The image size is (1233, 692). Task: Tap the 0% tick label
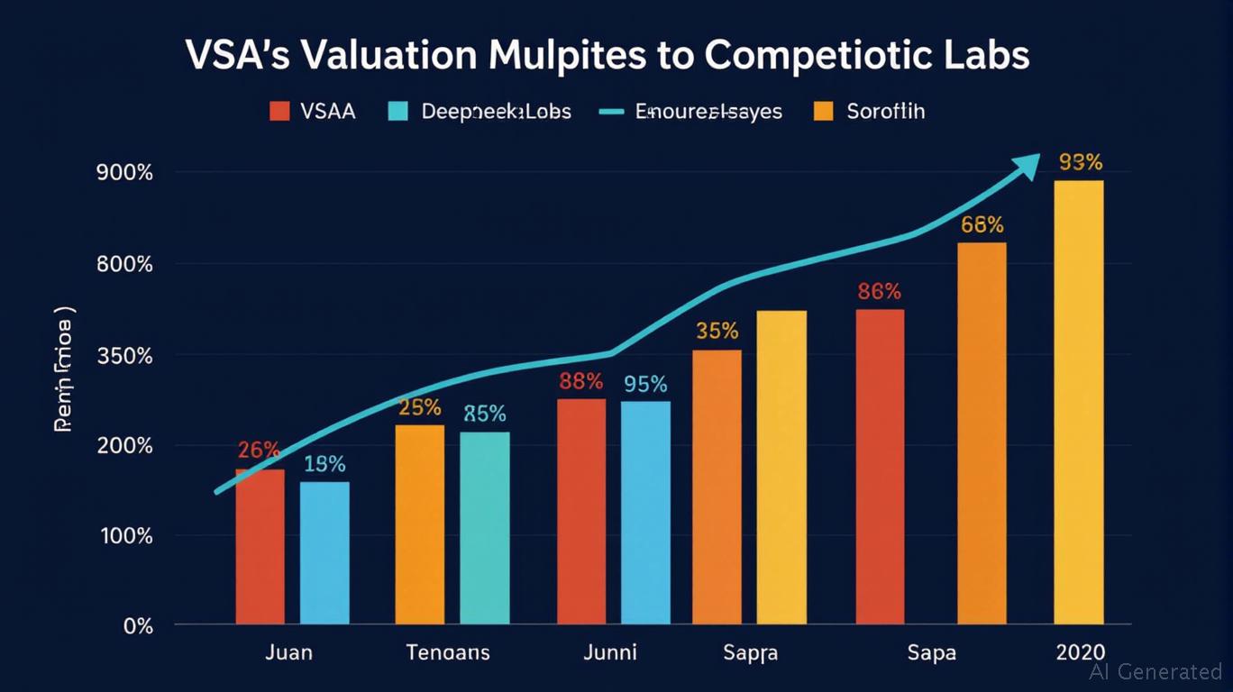click(x=138, y=625)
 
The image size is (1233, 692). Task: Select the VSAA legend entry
click(x=312, y=112)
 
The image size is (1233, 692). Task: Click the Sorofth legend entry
click(x=870, y=112)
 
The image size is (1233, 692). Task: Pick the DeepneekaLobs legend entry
click(x=479, y=112)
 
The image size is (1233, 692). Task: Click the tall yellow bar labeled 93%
click(x=1078, y=401)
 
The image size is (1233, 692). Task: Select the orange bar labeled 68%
click(x=982, y=432)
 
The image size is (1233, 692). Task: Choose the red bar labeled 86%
click(x=880, y=466)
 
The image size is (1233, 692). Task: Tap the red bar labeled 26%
click(x=260, y=546)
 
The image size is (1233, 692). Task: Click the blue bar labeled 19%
click(x=324, y=552)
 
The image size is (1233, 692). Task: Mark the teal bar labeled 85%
click(x=485, y=527)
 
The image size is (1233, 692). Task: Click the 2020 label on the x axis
click(x=1078, y=651)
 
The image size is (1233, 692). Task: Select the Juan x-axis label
click(x=288, y=651)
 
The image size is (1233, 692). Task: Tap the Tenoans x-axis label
click(x=448, y=651)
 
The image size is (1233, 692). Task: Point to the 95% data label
click(x=645, y=385)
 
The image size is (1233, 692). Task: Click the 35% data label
click(x=717, y=331)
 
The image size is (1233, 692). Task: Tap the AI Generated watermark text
click(x=1155, y=671)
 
